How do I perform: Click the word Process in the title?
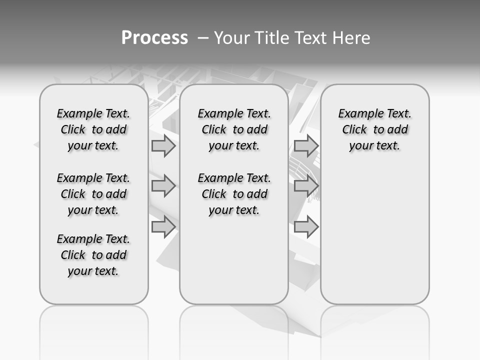(x=154, y=37)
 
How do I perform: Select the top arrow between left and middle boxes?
(x=163, y=146)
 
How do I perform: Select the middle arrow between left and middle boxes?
(x=163, y=186)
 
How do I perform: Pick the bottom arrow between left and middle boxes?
(x=163, y=227)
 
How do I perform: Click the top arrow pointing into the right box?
(x=306, y=146)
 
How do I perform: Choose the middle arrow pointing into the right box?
(x=306, y=186)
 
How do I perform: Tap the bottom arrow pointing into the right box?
(x=306, y=227)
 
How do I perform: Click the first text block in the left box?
(x=93, y=129)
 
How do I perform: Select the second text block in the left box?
(x=93, y=194)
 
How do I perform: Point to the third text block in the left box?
(x=93, y=255)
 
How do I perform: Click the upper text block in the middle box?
(x=234, y=129)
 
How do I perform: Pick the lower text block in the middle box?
(x=234, y=194)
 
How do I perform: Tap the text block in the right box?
(x=374, y=129)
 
